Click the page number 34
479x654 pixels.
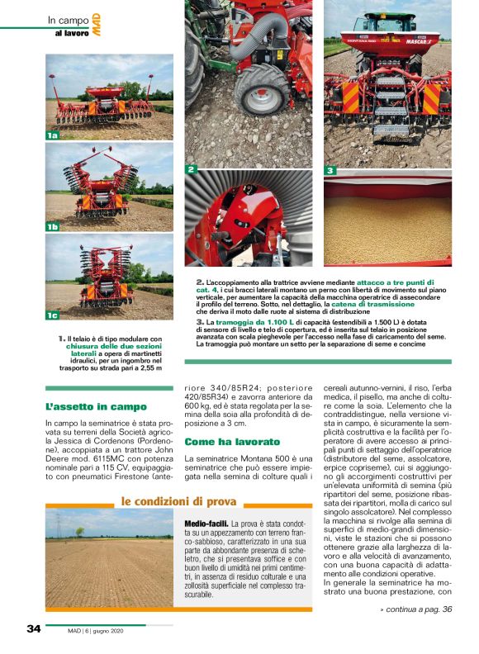(34, 628)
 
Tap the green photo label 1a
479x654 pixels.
(53, 135)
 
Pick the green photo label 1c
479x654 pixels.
(53, 315)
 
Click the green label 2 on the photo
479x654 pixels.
(191, 169)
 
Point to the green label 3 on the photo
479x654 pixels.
(330, 171)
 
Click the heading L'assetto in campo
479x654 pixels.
(96, 406)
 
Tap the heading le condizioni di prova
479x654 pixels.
(178, 501)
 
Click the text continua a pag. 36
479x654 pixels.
(416, 609)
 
